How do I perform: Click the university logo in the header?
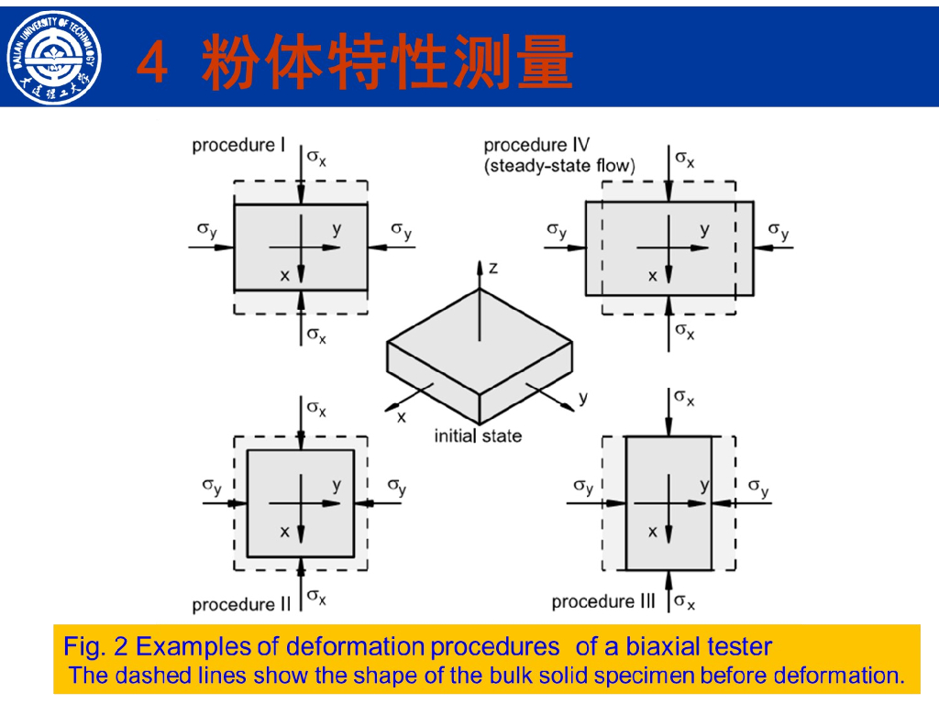54,58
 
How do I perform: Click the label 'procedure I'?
238,146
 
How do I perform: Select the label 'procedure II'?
241,604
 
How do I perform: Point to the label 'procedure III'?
603,601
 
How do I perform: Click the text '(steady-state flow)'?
559,165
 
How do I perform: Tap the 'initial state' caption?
478,435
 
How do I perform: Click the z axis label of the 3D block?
492,268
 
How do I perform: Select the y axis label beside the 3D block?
583,398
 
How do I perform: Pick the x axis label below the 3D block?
402,417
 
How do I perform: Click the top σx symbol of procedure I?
316,158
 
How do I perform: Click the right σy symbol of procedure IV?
779,230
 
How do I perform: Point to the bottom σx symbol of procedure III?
684,601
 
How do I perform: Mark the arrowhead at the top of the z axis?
479,267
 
